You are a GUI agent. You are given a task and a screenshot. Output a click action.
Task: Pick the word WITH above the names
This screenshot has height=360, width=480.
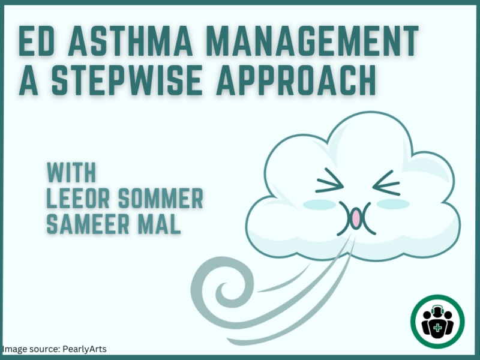pyautogui.click(x=71, y=172)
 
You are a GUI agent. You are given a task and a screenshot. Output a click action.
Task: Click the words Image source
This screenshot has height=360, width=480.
pyautogui.click(x=31, y=349)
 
